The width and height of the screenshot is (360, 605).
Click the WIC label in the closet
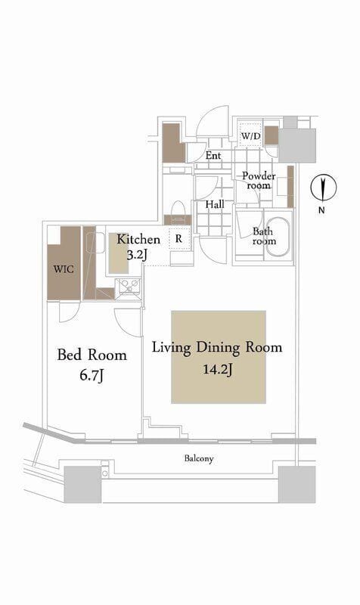64,268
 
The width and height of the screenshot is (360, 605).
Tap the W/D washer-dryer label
251,136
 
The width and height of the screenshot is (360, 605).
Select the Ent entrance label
213,156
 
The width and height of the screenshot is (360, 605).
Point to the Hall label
215,204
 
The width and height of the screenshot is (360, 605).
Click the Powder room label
259,181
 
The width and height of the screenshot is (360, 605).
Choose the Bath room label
264,236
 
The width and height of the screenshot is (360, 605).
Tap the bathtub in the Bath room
278,237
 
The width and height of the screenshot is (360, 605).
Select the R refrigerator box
178,239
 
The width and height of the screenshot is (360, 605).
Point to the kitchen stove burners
129,286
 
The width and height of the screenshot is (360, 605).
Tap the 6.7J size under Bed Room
92,375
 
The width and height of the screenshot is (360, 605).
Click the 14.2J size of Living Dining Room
218,370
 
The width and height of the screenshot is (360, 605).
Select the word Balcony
199,458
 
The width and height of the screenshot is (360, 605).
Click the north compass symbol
324,188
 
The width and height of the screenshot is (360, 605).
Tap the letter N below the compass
321,211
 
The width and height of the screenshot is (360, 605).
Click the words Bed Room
92,355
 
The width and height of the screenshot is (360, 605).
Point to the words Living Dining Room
217,348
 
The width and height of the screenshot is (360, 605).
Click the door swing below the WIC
70,312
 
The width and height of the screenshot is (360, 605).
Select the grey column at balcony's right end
296,484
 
